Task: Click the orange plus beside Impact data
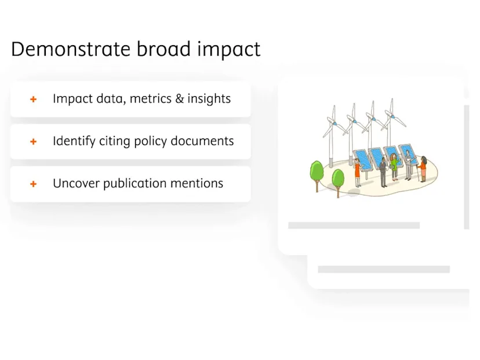[x=34, y=99]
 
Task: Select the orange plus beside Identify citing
[x=34, y=141]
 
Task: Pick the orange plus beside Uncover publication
[x=34, y=184]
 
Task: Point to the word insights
[x=209, y=99]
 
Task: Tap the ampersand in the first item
[x=179, y=99]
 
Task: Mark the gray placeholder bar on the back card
[x=383, y=270]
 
